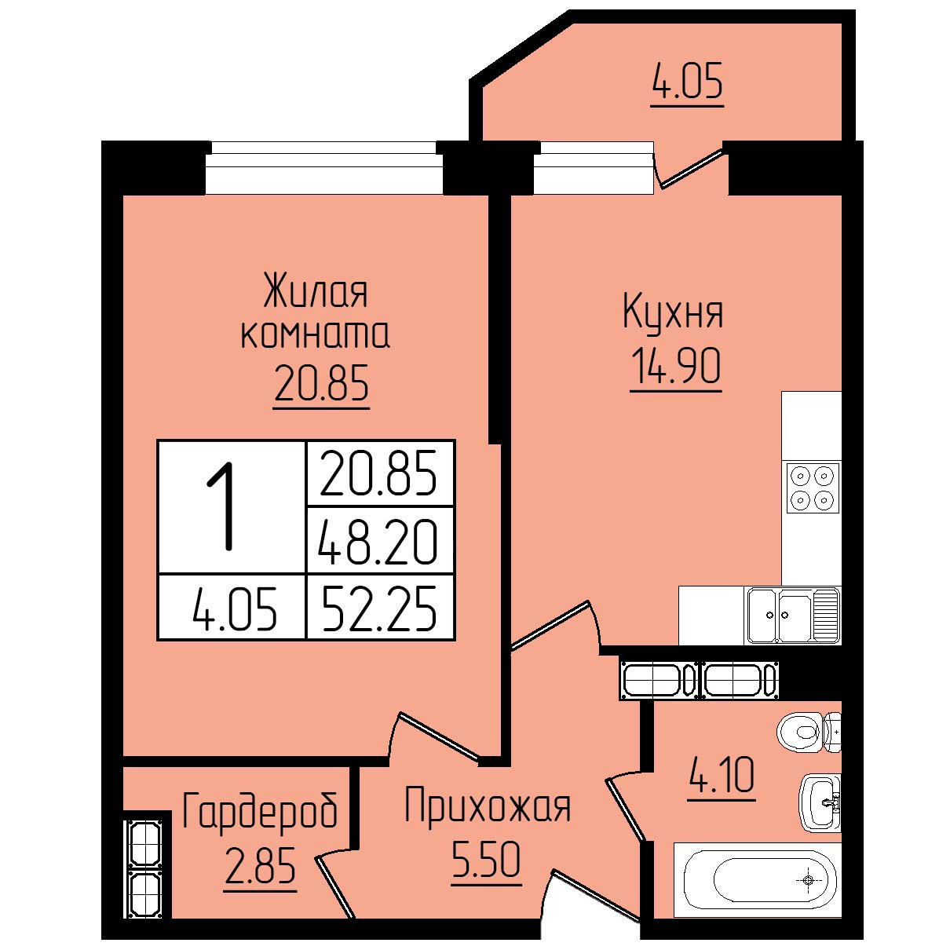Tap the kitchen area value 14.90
[676, 365]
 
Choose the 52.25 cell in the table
[378, 608]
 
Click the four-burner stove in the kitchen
[813, 488]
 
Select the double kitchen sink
[793, 616]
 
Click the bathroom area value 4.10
[722, 774]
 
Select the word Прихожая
[488, 806]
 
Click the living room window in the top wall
[324, 167]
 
